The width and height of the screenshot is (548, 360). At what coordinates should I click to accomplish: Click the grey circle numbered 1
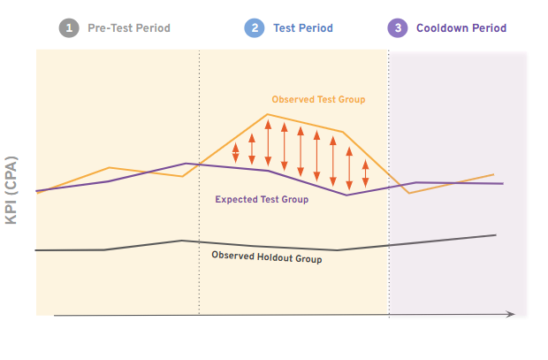point(69,28)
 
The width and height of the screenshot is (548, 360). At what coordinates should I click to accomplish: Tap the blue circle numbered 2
point(255,28)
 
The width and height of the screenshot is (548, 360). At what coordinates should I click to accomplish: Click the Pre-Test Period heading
point(129,28)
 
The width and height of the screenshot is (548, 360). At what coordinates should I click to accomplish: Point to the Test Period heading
point(303,28)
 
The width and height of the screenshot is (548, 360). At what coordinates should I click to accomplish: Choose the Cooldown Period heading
point(461,28)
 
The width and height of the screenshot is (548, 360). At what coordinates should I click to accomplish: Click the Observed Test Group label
point(318,100)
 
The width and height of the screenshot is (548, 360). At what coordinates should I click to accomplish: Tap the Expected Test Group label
point(262,200)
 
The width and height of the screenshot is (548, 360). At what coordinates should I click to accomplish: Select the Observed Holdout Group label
point(267,257)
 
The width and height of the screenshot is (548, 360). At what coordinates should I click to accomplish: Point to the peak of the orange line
point(268,114)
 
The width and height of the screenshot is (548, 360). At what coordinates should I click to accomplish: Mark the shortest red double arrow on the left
point(236,153)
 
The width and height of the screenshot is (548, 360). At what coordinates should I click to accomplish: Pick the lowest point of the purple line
point(347,195)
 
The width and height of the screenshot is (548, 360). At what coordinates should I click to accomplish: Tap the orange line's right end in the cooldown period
point(493,175)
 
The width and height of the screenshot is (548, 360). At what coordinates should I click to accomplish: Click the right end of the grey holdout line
point(495,235)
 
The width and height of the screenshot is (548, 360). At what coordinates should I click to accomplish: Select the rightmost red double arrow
point(365,174)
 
